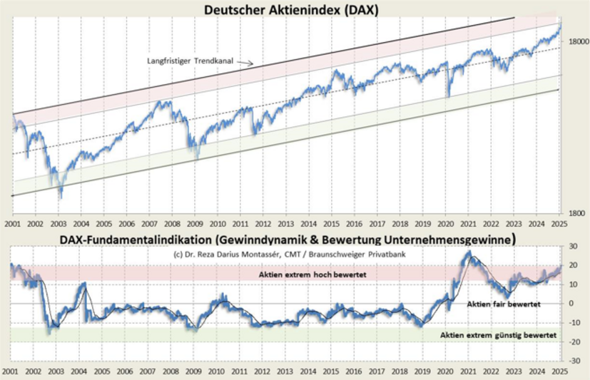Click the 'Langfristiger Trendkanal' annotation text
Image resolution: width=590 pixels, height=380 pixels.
click(x=190, y=61)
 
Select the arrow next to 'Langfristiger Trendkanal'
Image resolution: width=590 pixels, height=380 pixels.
click(x=245, y=63)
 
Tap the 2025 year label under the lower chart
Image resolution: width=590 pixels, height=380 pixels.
click(x=560, y=371)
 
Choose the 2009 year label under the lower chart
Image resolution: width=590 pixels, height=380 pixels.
click(x=193, y=371)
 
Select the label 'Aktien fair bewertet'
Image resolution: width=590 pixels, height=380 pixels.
click(x=504, y=304)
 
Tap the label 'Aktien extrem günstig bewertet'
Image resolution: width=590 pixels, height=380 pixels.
click(x=498, y=334)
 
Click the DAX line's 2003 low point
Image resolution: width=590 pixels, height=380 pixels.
click(x=61, y=197)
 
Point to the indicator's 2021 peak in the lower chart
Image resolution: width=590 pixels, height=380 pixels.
click(x=469, y=252)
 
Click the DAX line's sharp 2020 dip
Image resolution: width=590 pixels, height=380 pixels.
click(x=448, y=96)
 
